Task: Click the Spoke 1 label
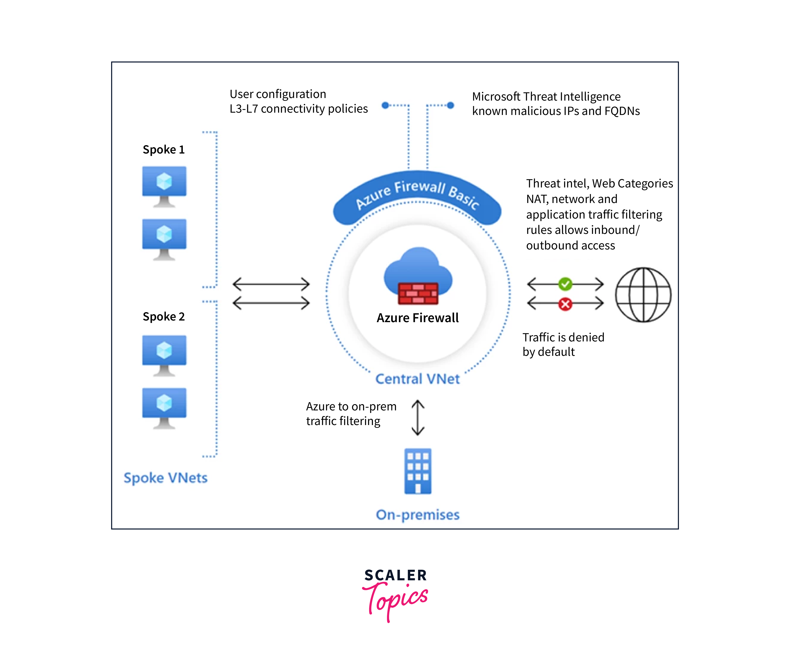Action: pyautogui.click(x=164, y=150)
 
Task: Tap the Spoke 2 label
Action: pyautogui.click(x=164, y=317)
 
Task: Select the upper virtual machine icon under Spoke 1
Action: pyautogui.click(x=164, y=186)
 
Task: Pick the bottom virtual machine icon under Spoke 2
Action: pyautogui.click(x=164, y=408)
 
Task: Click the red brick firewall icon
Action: pyautogui.click(x=418, y=294)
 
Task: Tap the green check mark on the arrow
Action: pyautogui.click(x=565, y=284)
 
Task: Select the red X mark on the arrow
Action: pyautogui.click(x=565, y=304)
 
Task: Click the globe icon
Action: pyautogui.click(x=643, y=295)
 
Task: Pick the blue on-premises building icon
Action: pyautogui.click(x=418, y=471)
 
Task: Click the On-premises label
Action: pyautogui.click(x=418, y=515)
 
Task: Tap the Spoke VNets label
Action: pyautogui.click(x=165, y=478)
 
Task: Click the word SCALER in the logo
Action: pyautogui.click(x=396, y=575)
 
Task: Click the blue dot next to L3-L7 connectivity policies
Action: pyautogui.click(x=385, y=105)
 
